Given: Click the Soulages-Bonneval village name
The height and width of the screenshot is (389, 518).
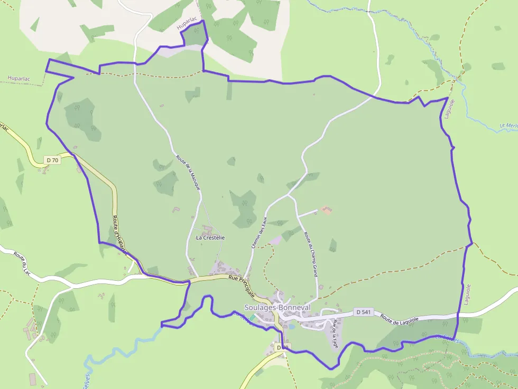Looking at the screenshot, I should (277, 307).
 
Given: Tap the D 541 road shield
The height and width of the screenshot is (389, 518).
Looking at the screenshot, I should (363, 312).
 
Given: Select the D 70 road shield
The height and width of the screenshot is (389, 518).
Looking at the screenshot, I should (52, 160).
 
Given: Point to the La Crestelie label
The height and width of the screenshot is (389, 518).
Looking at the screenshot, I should (210, 238).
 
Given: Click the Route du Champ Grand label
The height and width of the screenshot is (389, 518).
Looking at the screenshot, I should (312, 253).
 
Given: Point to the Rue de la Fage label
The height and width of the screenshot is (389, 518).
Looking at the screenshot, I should (335, 334).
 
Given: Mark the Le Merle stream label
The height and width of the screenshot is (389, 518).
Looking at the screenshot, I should (508, 127).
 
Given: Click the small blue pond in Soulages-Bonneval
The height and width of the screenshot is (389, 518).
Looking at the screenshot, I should (291, 327).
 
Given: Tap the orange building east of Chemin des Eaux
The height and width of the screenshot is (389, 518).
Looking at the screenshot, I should (326, 210).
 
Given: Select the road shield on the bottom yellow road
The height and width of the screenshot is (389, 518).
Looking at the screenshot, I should (281, 347).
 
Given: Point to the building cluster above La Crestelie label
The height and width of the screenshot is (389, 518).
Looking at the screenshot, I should (207, 230).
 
